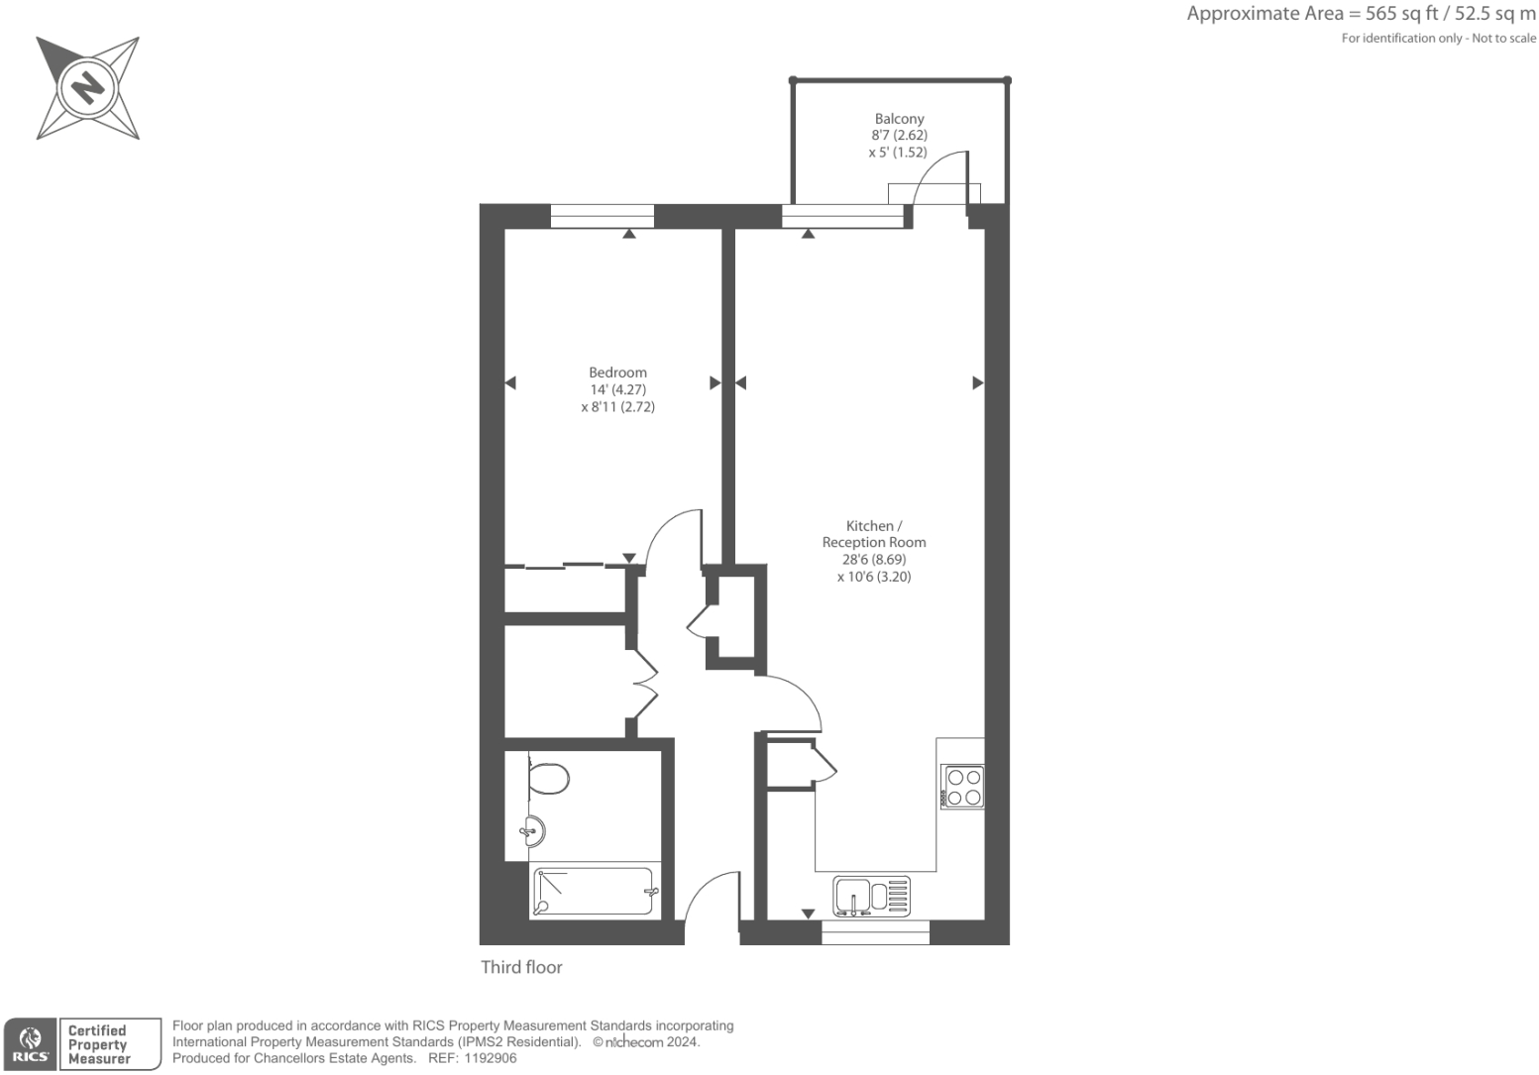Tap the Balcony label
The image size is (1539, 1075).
point(899,119)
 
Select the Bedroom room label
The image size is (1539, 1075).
point(617,373)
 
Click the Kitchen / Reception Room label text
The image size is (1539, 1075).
point(873,534)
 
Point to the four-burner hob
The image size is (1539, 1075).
point(962,787)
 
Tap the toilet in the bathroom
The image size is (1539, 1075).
point(546,777)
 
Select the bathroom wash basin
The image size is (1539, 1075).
point(532,830)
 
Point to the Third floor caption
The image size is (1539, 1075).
point(521,967)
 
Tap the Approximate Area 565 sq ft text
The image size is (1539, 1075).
point(1361,14)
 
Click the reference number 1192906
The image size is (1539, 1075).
point(487,1058)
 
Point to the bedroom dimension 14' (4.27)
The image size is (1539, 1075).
point(617,389)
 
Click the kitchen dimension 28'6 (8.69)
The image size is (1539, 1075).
point(873,560)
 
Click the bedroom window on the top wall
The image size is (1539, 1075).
point(603,216)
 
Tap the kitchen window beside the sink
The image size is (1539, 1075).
point(875,932)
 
